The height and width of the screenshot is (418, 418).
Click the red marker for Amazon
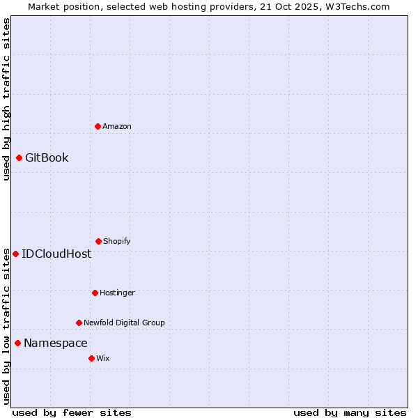point(98,126)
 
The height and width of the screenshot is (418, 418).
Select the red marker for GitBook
point(19,158)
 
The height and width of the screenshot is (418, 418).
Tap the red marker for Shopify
point(98,241)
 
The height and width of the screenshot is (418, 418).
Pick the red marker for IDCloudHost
point(15,254)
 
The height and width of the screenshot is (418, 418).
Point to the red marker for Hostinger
point(95,293)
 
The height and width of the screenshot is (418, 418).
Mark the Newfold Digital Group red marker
point(79,323)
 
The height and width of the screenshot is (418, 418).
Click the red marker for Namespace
point(17,343)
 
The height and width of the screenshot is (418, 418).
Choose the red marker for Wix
point(91,358)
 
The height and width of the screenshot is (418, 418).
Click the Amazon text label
point(117,126)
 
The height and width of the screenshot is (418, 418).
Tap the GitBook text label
point(47,158)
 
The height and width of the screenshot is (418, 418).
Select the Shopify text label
point(117,241)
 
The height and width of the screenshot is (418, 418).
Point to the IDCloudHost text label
point(56,254)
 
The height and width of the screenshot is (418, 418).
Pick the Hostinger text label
point(117,293)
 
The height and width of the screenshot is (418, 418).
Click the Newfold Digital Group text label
point(124,323)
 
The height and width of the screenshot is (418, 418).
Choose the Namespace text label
point(56,343)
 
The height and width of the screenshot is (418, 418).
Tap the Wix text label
point(103,358)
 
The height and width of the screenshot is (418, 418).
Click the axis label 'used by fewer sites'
point(72,412)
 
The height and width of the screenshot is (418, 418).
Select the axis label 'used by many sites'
point(350,412)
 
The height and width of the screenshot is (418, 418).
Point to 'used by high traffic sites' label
point(6,99)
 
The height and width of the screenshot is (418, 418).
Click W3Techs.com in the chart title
point(355,6)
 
